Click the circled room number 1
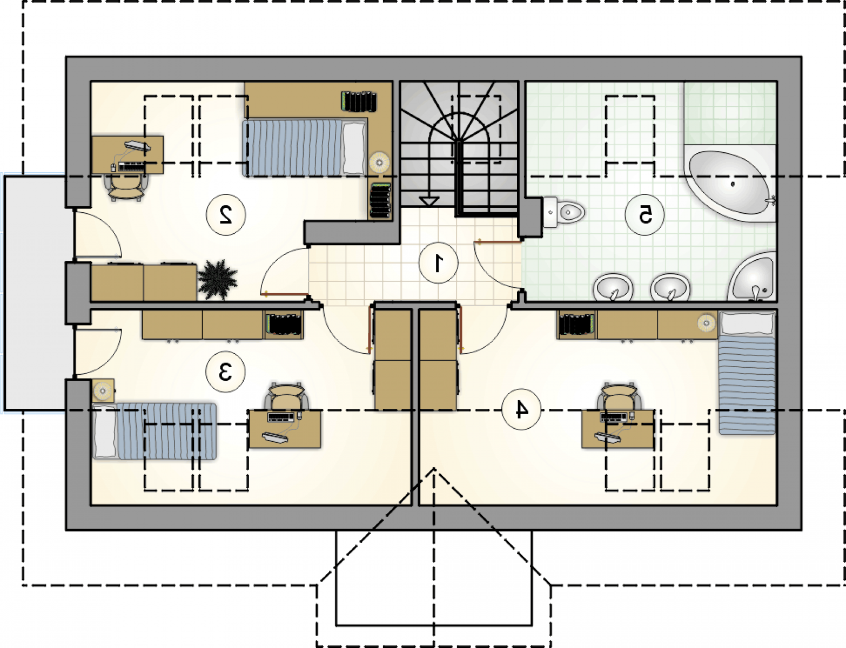click(438, 262)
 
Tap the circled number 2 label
click(226, 215)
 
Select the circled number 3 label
click(225, 372)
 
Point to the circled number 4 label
click(521, 409)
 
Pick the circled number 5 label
click(644, 214)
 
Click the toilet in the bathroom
click(564, 212)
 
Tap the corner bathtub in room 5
click(729, 183)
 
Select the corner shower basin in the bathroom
click(752, 277)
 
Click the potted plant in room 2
click(218, 279)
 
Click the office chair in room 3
click(286, 396)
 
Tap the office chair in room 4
click(619, 396)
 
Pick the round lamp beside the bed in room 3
click(103, 389)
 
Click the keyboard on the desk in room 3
click(280, 417)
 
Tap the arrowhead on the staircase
click(428, 201)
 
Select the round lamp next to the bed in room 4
click(706, 322)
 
